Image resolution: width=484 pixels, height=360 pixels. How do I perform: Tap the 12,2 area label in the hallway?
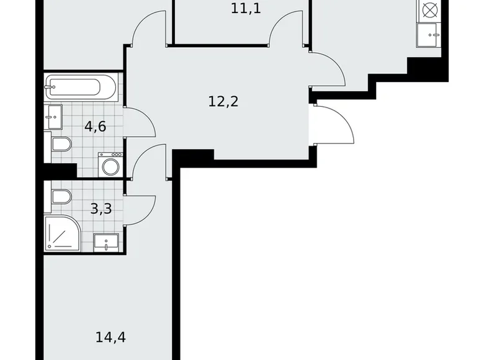[223, 101]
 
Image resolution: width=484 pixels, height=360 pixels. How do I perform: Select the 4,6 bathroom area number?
[96, 127]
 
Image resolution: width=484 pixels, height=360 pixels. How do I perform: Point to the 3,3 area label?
[101, 209]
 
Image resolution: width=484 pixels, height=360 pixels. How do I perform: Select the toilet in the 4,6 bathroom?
[60, 145]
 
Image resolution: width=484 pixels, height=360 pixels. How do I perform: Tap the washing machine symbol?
[110, 166]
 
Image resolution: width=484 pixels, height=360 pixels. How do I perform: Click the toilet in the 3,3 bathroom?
[60, 197]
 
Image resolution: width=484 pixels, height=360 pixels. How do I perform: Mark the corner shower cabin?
[63, 233]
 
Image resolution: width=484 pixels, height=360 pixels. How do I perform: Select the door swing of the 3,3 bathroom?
[141, 209]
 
